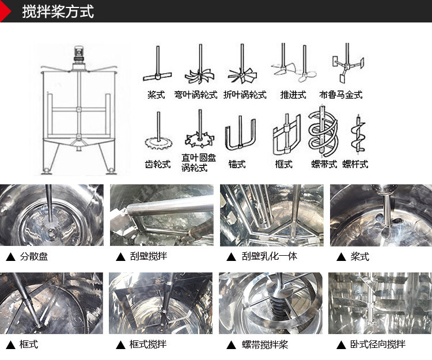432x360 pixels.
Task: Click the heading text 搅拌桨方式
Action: pyautogui.click(x=58, y=12)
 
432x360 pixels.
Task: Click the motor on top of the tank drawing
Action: pyautogui.click(x=80, y=55)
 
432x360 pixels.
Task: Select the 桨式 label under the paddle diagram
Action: pyautogui.click(x=156, y=94)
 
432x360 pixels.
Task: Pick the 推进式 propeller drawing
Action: pyautogui.click(x=292, y=67)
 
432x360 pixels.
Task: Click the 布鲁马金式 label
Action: pyautogui.click(x=340, y=94)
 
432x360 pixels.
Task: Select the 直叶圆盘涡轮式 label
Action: pyautogui.click(x=199, y=162)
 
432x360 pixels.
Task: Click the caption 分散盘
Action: pyautogui.click(x=34, y=256)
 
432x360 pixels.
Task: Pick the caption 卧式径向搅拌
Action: pyautogui.click(x=378, y=344)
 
